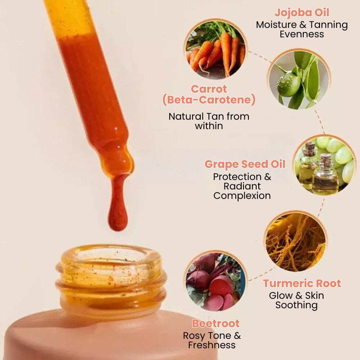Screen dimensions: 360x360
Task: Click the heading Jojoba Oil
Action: (302, 12)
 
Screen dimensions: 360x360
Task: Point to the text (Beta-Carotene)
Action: (209, 100)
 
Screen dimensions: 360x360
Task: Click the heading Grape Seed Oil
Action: (245, 164)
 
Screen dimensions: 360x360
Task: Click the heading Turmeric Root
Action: (302, 283)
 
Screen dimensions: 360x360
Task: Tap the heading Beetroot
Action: (216, 324)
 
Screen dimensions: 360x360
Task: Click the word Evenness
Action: (302, 34)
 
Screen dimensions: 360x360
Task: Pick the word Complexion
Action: (242, 196)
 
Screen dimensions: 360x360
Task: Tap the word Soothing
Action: (297, 305)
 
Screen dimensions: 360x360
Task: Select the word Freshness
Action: (212, 345)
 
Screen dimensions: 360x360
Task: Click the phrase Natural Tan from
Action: (209, 116)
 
